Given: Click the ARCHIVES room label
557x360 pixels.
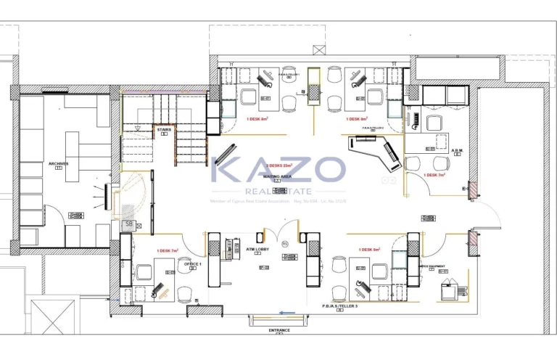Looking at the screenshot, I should pos(58,163).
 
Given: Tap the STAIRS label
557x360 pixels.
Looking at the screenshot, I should pos(164,130).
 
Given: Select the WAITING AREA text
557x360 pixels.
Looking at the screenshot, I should pos(277,176).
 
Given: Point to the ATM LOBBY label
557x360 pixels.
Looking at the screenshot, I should pos(257,248).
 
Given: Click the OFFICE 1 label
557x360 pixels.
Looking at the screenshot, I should pos(192,263).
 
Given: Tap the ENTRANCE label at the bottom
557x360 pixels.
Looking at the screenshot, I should pos(278,330).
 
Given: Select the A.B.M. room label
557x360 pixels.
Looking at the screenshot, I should pos(457,151).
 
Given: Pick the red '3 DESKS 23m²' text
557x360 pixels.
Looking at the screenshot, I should pos(277,165).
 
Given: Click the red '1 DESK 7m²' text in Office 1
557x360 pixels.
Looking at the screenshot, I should pos(168,250).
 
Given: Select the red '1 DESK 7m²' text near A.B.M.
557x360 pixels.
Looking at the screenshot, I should pos(436,175).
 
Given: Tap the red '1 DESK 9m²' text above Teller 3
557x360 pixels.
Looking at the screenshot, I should pos(369,250).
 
